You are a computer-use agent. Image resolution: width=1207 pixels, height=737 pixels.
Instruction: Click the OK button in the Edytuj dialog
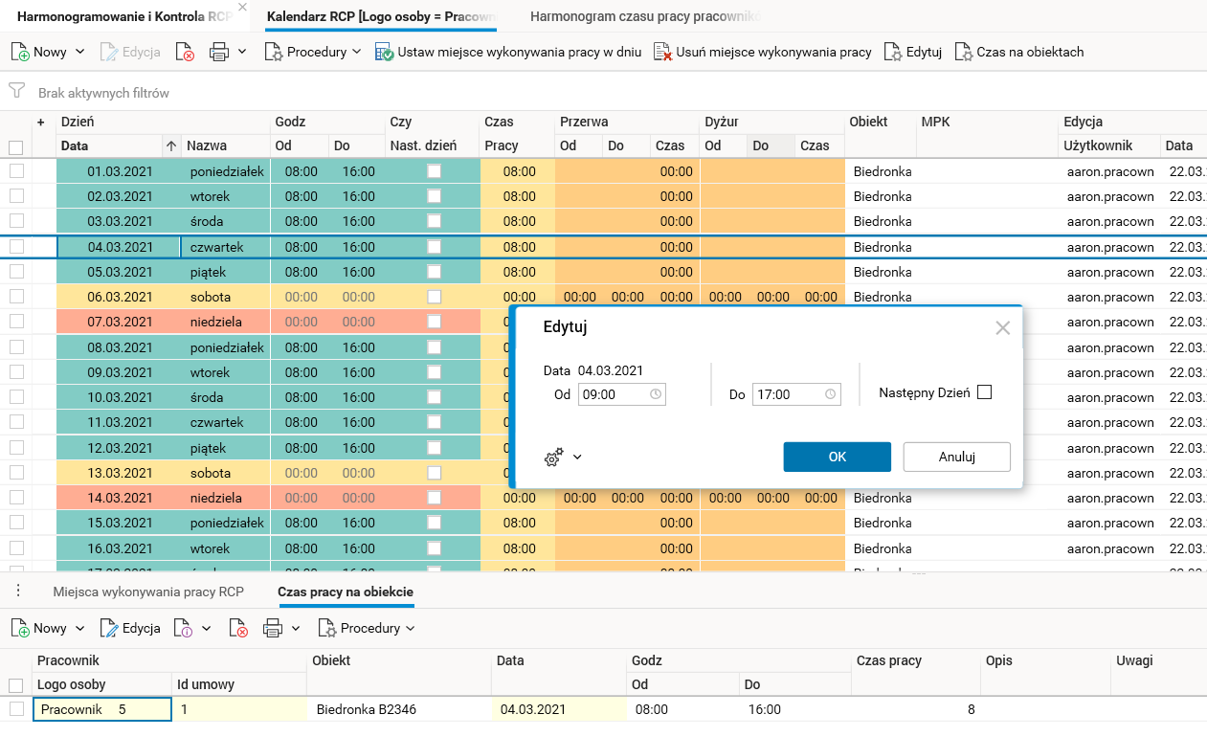click(837, 457)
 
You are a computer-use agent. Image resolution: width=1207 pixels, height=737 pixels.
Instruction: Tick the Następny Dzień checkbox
click(984, 392)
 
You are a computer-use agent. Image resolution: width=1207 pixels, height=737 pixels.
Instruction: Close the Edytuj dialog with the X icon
click(1002, 328)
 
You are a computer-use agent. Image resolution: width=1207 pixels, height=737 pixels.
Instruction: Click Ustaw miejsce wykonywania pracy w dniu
click(508, 52)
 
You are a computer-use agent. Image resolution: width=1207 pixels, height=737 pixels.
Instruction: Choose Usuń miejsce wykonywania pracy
click(763, 52)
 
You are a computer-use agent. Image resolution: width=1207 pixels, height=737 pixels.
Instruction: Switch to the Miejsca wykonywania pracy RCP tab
click(148, 592)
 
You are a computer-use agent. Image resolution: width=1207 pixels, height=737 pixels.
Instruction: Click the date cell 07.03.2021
click(120, 322)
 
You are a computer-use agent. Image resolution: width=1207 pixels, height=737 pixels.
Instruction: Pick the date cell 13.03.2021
click(120, 473)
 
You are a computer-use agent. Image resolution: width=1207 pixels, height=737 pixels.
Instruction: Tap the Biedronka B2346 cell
click(366, 709)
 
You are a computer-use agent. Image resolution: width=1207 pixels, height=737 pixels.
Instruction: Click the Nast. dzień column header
click(422, 145)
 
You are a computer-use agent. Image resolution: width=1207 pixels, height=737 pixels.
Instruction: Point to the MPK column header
click(935, 123)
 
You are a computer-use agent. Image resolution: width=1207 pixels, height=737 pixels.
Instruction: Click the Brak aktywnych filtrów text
click(103, 93)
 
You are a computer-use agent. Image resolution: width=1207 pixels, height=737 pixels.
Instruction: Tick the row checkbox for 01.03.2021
click(16, 171)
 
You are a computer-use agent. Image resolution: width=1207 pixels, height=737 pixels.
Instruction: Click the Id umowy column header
click(207, 684)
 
